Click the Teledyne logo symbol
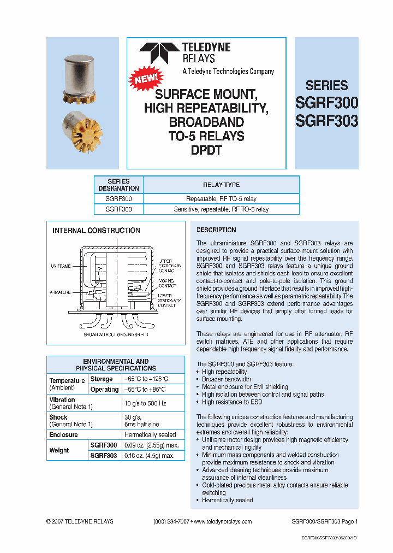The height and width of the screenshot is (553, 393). [159, 54]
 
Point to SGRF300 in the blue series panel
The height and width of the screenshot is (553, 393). [326, 103]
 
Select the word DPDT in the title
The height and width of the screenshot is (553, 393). [206, 150]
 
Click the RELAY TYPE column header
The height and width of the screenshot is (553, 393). [221, 185]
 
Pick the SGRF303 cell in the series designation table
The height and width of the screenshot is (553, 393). [118, 209]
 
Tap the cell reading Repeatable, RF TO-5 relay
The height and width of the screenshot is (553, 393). [221, 199]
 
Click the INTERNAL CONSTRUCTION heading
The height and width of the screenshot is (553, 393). [96, 231]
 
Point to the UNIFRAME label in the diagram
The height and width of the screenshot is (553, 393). [61, 266]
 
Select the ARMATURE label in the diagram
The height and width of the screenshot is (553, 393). [61, 292]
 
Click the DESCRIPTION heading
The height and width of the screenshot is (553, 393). [216, 230]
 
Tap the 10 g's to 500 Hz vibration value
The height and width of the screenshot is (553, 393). [146, 403]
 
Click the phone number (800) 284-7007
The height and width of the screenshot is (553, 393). [171, 522]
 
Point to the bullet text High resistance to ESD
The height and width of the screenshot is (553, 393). [232, 402]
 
